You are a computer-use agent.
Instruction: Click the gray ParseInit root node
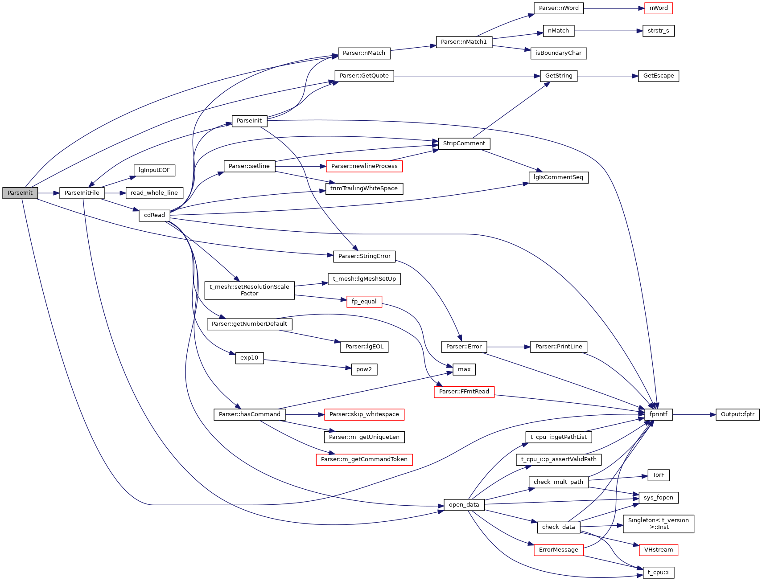point(20,193)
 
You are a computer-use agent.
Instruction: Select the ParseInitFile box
point(82,193)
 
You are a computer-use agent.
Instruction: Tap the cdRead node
point(154,215)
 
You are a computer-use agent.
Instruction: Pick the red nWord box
point(659,8)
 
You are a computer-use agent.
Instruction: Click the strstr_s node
point(658,31)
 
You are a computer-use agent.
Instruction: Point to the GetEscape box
point(659,76)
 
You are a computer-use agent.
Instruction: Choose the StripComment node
point(464,143)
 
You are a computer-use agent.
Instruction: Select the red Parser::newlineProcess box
point(364,166)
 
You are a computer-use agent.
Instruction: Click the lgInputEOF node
point(154,170)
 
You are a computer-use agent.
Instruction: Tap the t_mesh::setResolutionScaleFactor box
point(249,290)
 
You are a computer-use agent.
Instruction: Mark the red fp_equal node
point(364,302)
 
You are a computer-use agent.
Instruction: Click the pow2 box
point(364,369)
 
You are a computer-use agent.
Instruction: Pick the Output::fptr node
point(737,414)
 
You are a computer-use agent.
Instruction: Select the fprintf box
point(658,414)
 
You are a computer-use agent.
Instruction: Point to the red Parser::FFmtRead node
point(464,392)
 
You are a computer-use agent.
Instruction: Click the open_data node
point(464,505)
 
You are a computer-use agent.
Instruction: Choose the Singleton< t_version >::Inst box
point(658,524)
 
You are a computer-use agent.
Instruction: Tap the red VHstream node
point(658,550)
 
